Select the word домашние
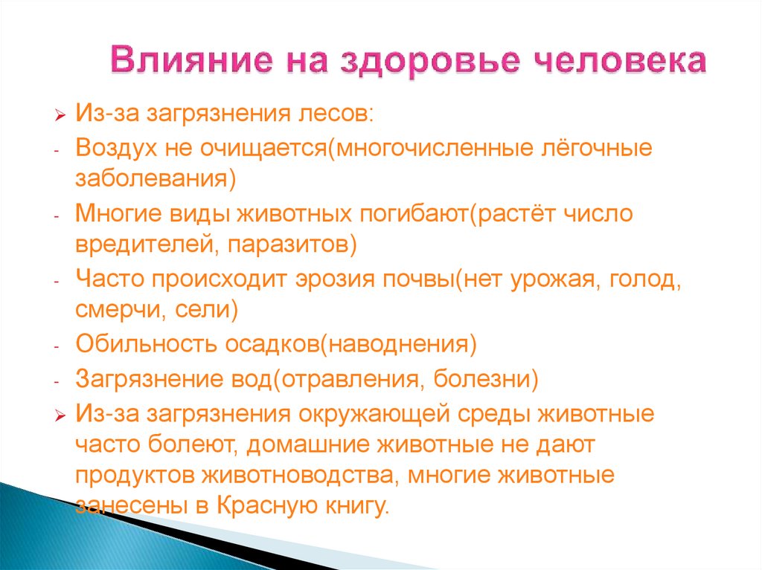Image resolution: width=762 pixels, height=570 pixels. point(309,444)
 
